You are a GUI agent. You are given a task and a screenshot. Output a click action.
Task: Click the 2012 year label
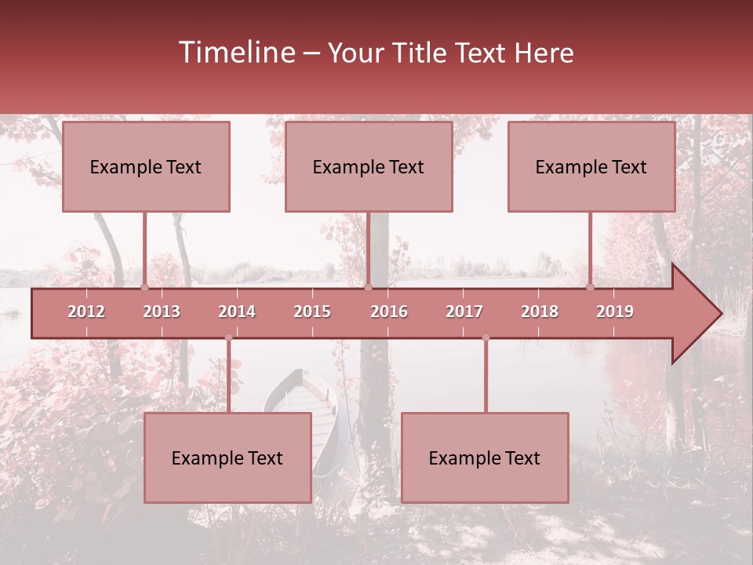[x=86, y=312]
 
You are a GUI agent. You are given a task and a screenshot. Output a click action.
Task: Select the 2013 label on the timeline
[x=162, y=312]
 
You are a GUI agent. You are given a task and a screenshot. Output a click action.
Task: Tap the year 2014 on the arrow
[x=237, y=312]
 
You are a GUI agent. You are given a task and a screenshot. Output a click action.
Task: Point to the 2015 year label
[x=312, y=312]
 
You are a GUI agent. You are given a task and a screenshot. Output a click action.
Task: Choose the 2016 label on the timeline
[x=389, y=312]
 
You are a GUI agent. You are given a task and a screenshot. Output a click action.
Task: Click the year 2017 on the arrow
[x=464, y=312]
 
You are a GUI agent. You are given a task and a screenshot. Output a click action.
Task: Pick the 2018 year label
[x=540, y=312]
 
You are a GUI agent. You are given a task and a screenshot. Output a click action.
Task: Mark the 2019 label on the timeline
[x=615, y=312]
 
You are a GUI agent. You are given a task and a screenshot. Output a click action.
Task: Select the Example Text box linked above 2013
[x=146, y=166]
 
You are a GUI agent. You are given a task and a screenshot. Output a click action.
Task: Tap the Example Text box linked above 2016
[x=369, y=166]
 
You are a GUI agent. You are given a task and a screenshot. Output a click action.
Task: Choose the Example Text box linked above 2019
[x=591, y=166]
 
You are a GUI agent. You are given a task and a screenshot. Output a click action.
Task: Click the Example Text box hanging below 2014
[x=227, y=457]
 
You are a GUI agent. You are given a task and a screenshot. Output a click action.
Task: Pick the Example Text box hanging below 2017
[x=485, y=457]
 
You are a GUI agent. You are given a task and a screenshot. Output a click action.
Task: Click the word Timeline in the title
[x=235, y=53]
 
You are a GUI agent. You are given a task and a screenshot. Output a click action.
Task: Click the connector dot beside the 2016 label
[x=368, y=287]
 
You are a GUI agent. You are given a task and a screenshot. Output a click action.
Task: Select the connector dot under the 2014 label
[x=228, y=337]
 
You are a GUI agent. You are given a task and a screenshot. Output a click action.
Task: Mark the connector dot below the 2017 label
[x=486, y=337]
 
